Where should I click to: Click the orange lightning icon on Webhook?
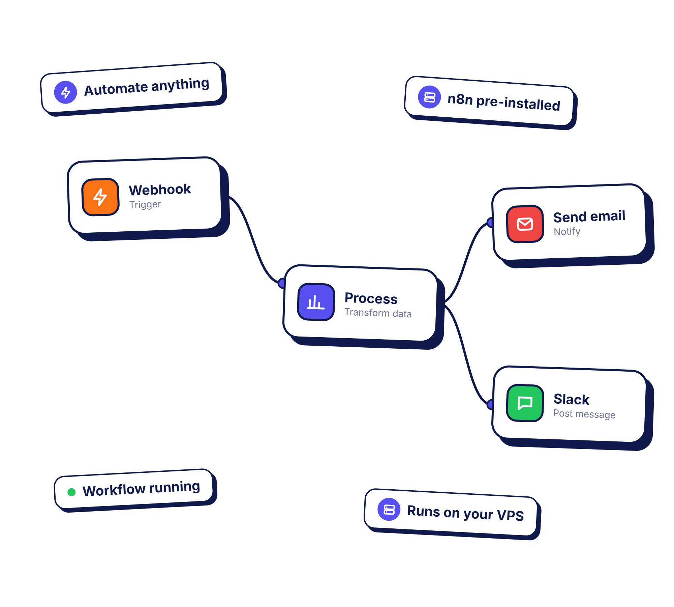pyautogui.click(x=100, y=197)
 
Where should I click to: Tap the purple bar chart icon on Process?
pyautogui.click(x=316, y=302)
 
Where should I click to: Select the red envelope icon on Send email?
pyautogui.click(x=525, y=224)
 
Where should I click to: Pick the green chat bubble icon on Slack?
pyautogui.click(x=525, y=403)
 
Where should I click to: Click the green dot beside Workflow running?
pyautogui.click(x=71, y=492)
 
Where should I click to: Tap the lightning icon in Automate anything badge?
pyautogui.click(x=66, y=92)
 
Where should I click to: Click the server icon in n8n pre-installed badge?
pyautogui.click(x=429, y=97)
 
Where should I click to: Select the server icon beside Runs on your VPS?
pyautogui.click(x=389, y=509)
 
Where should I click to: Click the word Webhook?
pyautogui.click(x=160, y=190)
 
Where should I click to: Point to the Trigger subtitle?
pyautogui.click(x=145, y=204)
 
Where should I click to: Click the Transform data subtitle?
pyautogui.click(x=378, y=313)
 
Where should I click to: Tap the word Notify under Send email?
pyautogui.click(x=567, y=231)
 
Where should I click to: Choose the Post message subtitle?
pyautogui.click(x=584, y=414)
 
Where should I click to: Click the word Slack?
pyautogui.click(x=572, y=399)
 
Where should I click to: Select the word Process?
pyautogui.click(x=371, y=298)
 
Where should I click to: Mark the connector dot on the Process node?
pyautogui.click(x=281, y=283)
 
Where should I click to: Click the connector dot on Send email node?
pyautogui.click(x=490, y=222)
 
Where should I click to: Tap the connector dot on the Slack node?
pyautogui.click(x=490, y=404)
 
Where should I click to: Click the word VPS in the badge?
pyautogui.click(x=511, y=515)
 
